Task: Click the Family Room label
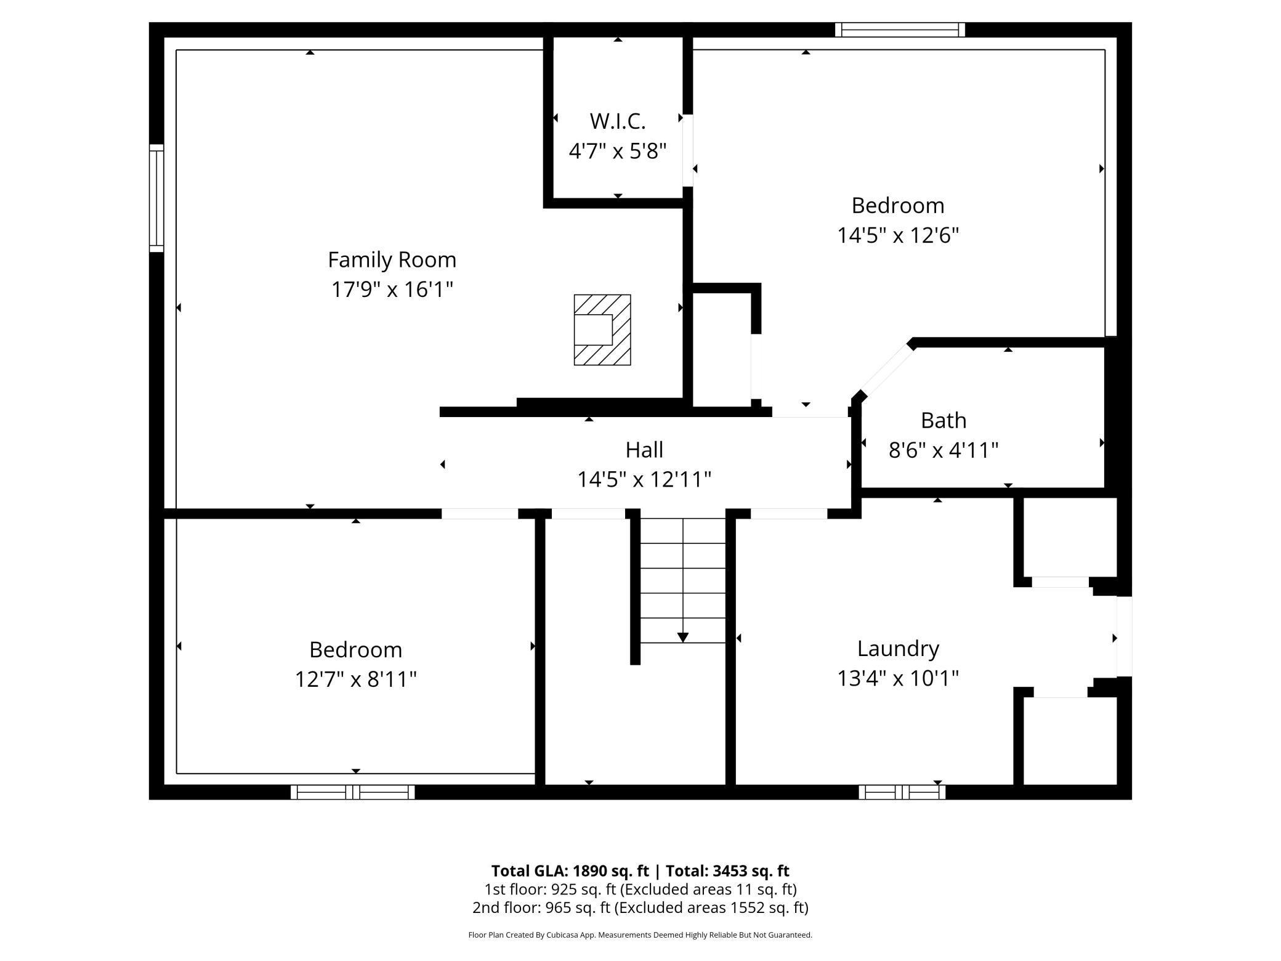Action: click(392, 260)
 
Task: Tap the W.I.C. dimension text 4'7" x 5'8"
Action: click(618, 151)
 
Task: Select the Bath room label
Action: click(944, 420)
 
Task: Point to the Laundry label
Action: click(898, 649)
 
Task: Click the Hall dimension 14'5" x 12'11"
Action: click(644, 479)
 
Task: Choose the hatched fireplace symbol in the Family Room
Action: click(602, 330)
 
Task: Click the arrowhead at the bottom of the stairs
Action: click(683, 638)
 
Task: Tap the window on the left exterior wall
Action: click(157, 198)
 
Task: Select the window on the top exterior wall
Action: click(900, 30)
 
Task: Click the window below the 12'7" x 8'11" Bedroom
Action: click(352, 792)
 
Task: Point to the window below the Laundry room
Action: click(902, 792)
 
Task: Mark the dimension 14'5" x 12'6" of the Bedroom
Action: click(898, 235)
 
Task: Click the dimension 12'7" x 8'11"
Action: click(356, 679)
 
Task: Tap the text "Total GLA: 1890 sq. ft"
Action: click(570, 871)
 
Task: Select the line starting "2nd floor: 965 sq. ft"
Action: click(640, 907)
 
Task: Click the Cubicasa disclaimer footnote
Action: click(640, 935)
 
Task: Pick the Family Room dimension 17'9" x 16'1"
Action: click(392, 290)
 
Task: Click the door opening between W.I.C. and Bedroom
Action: click(688, 150)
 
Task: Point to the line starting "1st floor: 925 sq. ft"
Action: click(640, 890)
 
